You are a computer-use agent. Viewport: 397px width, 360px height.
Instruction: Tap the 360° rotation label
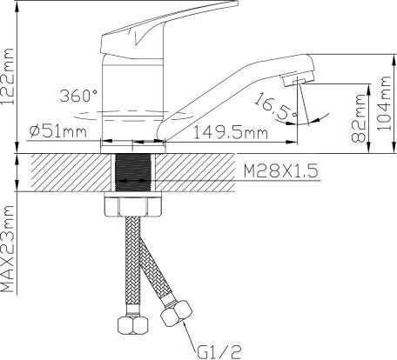tap(78, 95)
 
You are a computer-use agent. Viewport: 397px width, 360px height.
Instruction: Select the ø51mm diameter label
tap(59, 131)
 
